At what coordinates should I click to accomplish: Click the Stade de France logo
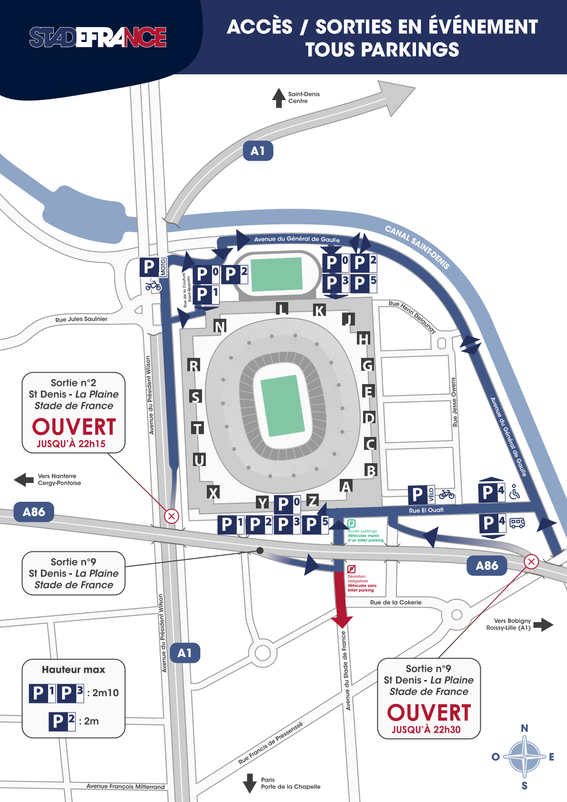[98, 37]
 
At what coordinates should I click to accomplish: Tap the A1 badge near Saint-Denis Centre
[258, 151]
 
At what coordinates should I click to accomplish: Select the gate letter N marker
[220, 326]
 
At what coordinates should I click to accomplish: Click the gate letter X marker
[213, 493]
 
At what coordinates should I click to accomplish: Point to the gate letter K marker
[319, 311]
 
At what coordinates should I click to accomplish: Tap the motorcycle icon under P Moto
[153, 285]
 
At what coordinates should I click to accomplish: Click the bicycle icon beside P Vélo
[446, 494]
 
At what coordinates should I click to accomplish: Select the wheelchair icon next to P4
[515, 492]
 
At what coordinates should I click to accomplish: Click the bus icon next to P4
[517, 523]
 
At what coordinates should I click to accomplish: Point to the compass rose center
[524, 756]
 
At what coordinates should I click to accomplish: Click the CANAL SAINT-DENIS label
[417, 247]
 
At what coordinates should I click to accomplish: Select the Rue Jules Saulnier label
[81, 319]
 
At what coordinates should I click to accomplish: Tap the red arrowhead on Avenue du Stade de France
[342, 621]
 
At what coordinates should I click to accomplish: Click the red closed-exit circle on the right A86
[531, 561]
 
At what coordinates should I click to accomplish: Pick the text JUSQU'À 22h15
[71, 444]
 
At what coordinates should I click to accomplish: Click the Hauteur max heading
[73, 670]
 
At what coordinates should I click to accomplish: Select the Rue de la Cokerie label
[395, 602]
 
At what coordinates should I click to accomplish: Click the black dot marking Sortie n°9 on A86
[260, 550]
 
